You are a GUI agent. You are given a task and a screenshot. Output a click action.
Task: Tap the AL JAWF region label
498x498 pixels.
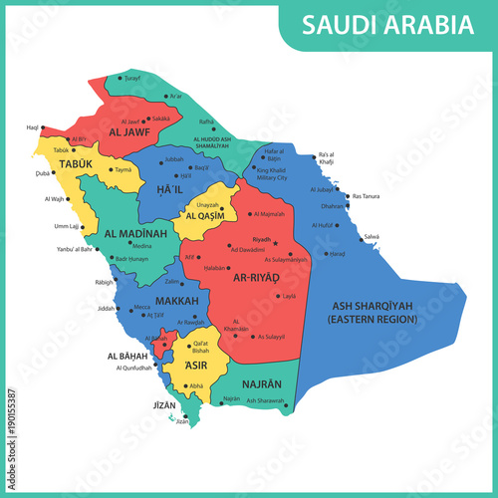(x=129, y=130)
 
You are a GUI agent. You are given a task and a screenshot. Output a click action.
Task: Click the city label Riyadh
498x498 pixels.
(x=262, y=239)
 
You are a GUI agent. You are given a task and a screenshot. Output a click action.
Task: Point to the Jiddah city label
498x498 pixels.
(x=107, y=308)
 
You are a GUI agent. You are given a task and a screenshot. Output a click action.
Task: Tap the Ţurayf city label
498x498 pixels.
(x=132, y=77)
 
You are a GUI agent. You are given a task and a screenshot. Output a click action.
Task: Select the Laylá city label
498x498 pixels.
(x=289, y=296)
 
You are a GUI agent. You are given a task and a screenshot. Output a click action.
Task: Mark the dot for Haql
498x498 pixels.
(x=43, y=127)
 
